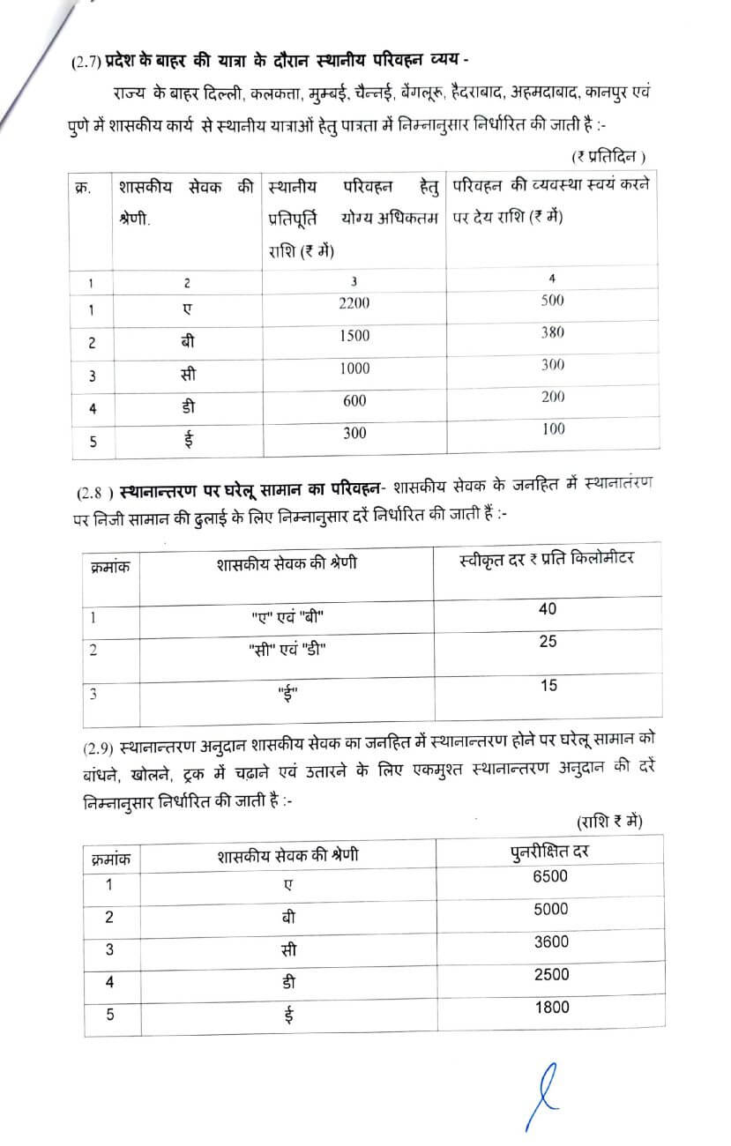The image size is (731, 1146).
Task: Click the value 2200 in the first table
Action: [x=354, y=303]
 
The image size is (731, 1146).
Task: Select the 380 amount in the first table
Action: [x=553, y=332]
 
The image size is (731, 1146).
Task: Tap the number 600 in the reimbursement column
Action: [x=354, y=400]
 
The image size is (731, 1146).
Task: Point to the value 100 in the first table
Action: [x=554, y=429]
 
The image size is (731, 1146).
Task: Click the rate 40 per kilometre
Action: [x=548, y=609]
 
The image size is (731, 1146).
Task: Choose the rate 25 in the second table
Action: [x=548, y=642]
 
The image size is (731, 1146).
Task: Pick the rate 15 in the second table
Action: [x=548, y=685]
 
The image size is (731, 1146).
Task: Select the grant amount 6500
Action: [x=551, y=875]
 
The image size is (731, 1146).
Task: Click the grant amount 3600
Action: [x=551, y=941]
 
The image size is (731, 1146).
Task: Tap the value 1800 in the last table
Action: [x=551, y=1007]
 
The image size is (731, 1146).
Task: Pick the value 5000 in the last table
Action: [x=551, y=909]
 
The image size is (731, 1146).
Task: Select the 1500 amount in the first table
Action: [x=354, y=336]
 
